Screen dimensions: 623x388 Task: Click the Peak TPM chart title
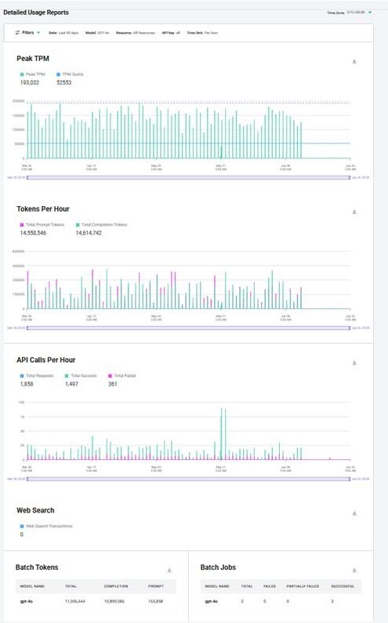[x=34, y=59]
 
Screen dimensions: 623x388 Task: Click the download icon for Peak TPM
[x=354, y=61]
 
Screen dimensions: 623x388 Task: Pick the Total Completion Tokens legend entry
[x=102, y=224]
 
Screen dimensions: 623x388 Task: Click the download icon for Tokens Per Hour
[x=354, y=212]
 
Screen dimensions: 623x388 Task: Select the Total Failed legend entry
[x=125, y=375]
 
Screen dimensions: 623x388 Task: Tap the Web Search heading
[x=35, y=510]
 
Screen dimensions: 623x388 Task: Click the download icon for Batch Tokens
[x=169, y=570]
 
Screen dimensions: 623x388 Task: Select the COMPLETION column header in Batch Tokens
[x=116, y=585]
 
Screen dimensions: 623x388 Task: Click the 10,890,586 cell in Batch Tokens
[x=116, y=601]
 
